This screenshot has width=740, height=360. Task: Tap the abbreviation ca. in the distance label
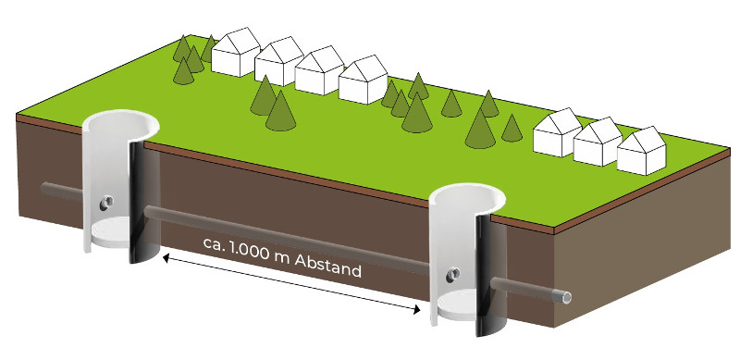pos(215,243)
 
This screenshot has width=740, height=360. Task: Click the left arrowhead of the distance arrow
pos(166,257)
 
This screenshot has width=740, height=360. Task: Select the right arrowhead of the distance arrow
pos(416,310)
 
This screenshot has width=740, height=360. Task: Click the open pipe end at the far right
pos(566,298)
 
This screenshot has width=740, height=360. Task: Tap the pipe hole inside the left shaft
pos(105,204)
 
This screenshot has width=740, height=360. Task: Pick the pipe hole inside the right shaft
pos(453,274)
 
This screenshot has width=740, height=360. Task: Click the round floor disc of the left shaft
pos(110,232)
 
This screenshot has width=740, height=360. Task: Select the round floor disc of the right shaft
pos(457,304)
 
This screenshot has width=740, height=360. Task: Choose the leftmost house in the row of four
pos(236,52)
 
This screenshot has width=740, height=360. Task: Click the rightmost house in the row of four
pos(364,80)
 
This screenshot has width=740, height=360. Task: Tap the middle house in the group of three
pos(598,142)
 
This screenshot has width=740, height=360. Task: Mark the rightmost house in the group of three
pos(641,151)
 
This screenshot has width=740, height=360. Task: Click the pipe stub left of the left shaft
pos(62,192)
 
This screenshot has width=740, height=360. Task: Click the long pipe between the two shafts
pos(287,240)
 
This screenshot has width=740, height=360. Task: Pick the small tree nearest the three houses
pos(512,128)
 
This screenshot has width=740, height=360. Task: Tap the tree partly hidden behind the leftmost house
pos(209,49)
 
